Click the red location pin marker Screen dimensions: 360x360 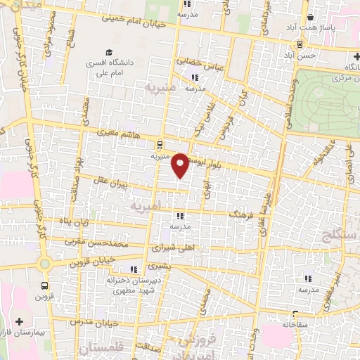(181, 165)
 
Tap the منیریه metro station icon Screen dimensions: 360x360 (161, 145)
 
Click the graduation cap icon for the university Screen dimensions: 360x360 (109, 52)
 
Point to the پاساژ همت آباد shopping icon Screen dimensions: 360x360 (309, 19)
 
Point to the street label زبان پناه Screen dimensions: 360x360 (75, 222)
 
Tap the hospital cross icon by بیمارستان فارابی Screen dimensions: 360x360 (28, 321)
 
